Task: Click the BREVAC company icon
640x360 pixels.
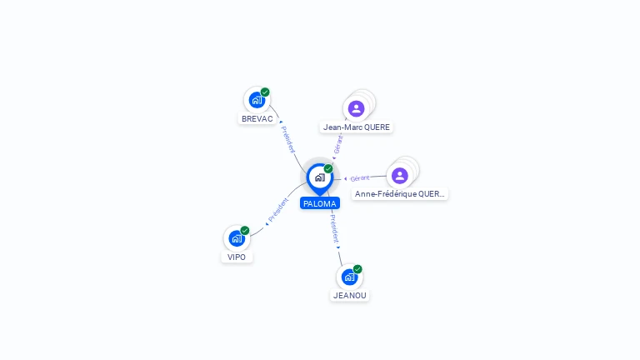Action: coord(257,100)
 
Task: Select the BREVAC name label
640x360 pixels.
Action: coord(257,119)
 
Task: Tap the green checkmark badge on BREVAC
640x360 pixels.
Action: coord(265,92)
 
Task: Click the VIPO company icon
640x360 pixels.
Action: coord(237,238)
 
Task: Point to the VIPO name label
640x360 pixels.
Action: coord(237,257)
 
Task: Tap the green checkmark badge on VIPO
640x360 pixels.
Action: coord(245,231)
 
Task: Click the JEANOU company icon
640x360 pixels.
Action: coord(349,277)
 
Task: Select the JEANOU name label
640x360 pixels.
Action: coord(350,296)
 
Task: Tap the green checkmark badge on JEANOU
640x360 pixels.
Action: coord(357,269)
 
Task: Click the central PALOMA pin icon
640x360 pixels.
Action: coord(320,178)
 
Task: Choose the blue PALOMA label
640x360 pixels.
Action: coord(320,203)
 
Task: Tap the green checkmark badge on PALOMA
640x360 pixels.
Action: coord(328,168)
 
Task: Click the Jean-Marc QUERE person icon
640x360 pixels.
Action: coord(357,108)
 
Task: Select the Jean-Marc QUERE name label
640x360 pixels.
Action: coord(357,127)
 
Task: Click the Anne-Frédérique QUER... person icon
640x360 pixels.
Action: coord(400,176)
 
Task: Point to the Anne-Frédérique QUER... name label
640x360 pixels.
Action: coord(400,194)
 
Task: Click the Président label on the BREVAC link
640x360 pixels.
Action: coord(287,140)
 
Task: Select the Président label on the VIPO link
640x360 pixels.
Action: coord(278,210)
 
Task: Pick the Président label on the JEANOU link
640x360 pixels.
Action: coord(334,228)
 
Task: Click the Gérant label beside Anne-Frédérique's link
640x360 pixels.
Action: coord(360,178)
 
